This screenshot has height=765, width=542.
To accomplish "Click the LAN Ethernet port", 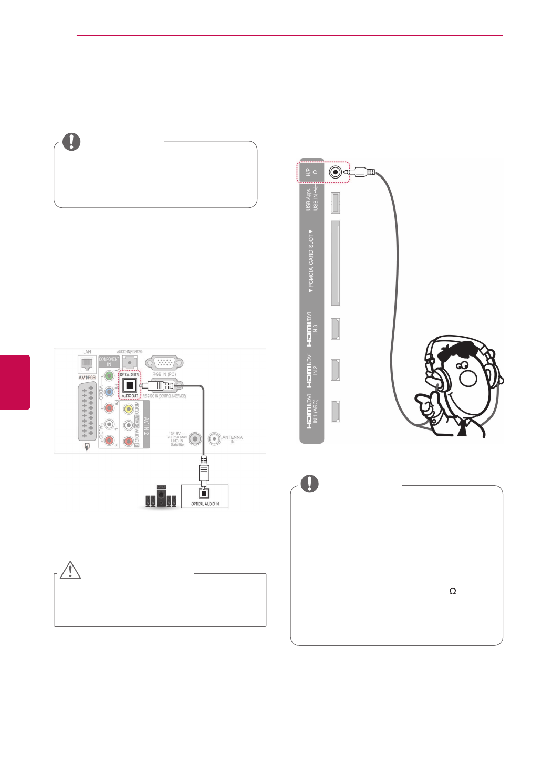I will click(x=87, y=364).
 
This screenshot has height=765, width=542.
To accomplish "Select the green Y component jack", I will click(x=109, y=376).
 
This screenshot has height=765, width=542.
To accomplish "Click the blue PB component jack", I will click(x=109, y=392).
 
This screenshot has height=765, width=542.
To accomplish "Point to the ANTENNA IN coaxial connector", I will click(x=214, y=438).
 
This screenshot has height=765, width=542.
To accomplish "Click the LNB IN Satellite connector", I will click(x=195, y=438).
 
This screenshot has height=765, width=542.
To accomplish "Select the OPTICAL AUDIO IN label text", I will click(x=205, y=504).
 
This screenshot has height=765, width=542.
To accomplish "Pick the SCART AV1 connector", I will click(x=87, y=411).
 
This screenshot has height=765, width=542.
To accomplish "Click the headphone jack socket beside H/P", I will click(x=335, y=172).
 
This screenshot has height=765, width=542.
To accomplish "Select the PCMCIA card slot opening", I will click(x=335, y=263).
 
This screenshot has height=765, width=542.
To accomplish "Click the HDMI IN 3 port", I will click(x=335, y=329).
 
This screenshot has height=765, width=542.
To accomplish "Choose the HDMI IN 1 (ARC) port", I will click(x=335, y=411).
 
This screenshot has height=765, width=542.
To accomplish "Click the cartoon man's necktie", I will click(x=462, y=427).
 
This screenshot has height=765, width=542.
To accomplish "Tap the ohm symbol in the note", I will click(x=453, y=591).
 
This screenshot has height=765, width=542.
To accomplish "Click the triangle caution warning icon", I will click(x=70, y=570).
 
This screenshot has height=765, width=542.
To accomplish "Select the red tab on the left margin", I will click(x=15, y=382).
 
